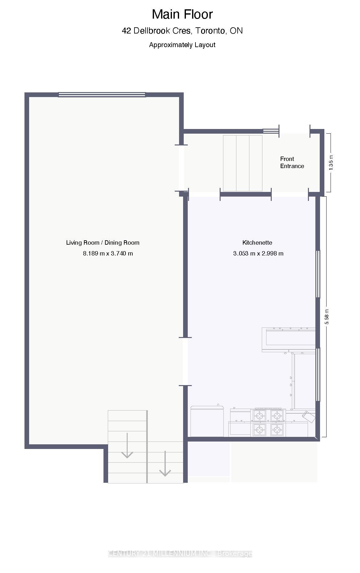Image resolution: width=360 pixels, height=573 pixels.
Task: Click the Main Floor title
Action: (182, 15)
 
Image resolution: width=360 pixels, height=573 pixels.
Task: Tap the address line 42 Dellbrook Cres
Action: (182, 31)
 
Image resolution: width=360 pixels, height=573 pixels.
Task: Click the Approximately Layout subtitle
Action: (182, 45)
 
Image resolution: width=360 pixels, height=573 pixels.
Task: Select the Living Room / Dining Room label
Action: (103, 243)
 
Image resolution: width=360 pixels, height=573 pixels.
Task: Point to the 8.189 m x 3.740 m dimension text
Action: (108, 254)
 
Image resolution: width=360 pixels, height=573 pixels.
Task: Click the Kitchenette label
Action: (257, 243)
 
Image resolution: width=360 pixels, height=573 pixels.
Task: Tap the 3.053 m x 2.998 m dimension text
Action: (258, 254)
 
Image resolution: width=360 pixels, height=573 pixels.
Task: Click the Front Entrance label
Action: (292, 162)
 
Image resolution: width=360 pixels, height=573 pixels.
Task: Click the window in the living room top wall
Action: (102, 95)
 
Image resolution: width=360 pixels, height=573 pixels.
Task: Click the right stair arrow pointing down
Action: (165, 464)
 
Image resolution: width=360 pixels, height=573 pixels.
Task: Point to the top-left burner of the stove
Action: (260, 415)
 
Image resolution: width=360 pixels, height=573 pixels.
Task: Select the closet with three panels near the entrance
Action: (243, 163)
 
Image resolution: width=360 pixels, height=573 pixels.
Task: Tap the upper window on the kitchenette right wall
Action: (318, 274)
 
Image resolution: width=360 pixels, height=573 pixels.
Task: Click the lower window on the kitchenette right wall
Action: (318, 375)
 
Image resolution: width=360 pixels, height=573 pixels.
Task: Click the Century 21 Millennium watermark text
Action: (180, 554)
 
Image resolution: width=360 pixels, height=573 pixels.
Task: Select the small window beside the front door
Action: (271, 131)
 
